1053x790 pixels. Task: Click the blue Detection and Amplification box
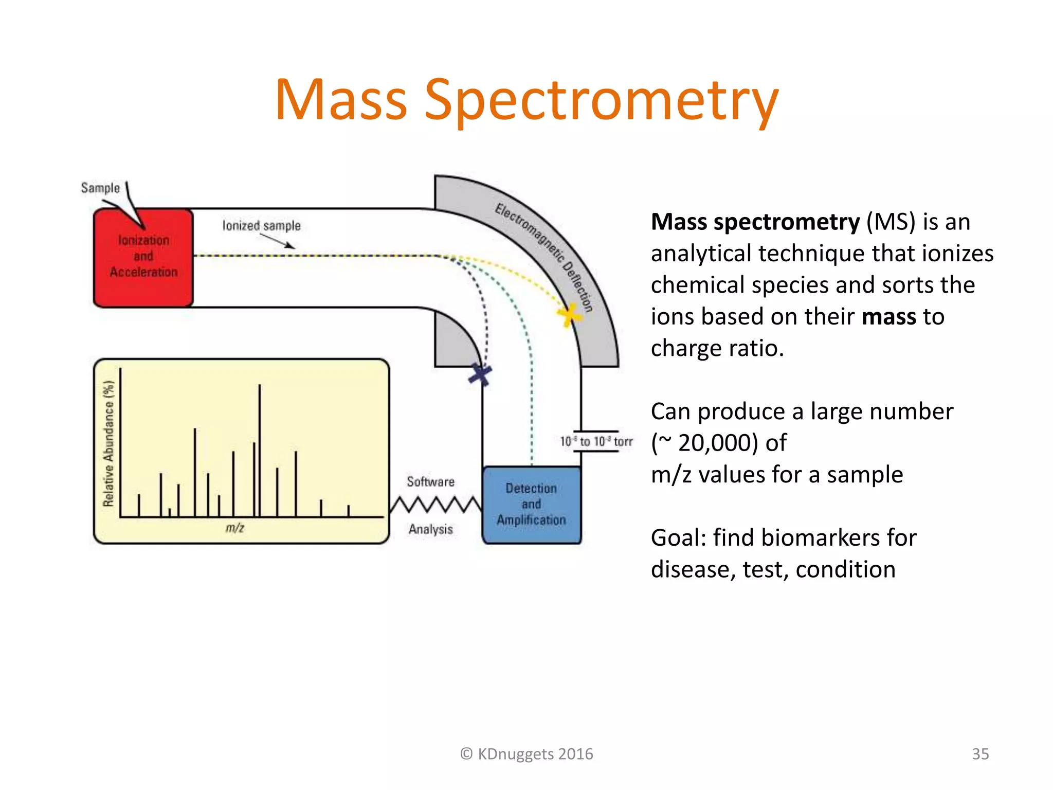coord(531,505)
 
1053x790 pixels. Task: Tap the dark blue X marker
coord(480,374)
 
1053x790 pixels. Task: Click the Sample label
coord(100,188)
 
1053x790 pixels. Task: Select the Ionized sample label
coord(261,226)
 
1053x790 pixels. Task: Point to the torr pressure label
coord(596,442)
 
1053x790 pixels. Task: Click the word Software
coord(430,482)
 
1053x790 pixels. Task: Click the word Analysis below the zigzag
coord(430,529)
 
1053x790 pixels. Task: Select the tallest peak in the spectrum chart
coord(260,447)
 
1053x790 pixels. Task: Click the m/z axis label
coord(234,528)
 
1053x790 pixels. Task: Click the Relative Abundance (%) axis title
coord(108,443)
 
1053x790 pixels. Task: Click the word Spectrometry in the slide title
coord(601,100)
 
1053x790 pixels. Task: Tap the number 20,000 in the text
coord(718,443)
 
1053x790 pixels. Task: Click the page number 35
coord(980,754)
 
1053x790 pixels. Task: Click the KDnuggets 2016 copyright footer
coord(526,754)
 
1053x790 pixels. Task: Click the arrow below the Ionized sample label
coord(278,241)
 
